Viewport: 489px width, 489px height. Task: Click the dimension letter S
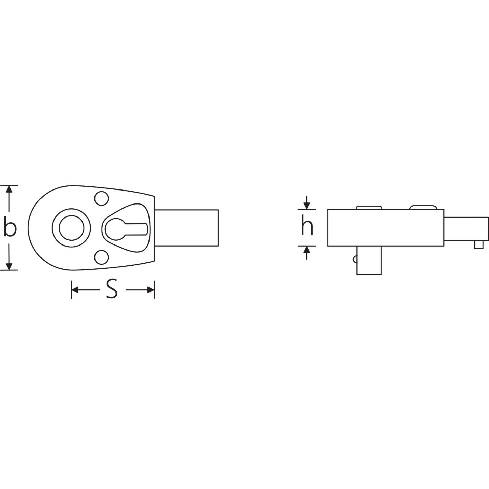pyautogui.click(x=112, y=289)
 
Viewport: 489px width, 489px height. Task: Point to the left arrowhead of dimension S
pyautogui.click(x=75, y=290)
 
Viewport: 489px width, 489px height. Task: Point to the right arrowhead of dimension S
pyautogui.click(x=151, y=290)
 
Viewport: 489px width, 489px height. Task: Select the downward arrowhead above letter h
pyautogui.click(x=307, y=205)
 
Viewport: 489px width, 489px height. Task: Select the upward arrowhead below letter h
pyautogui.click(x=307, y=250)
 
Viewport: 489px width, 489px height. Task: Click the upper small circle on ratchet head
pyautogui.click(x=101, y=198)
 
